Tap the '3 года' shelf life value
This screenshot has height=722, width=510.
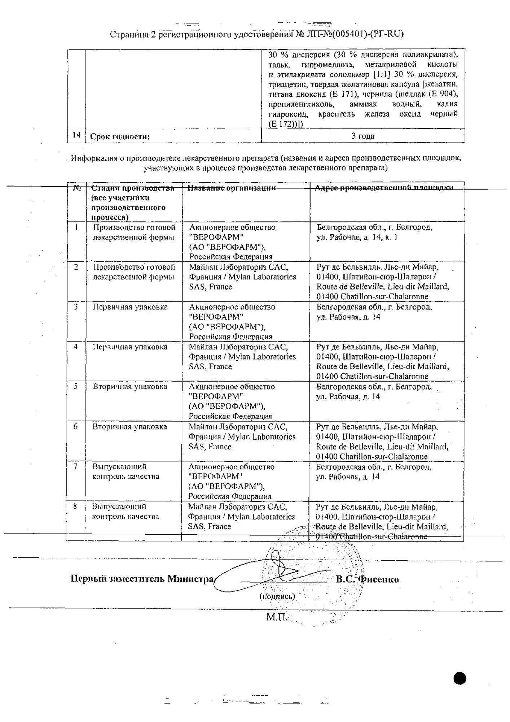[363, 136]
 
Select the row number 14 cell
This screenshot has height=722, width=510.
[76, 135]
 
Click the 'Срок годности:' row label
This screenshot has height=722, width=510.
[120, 136]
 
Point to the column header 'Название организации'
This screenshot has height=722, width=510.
[232, 188]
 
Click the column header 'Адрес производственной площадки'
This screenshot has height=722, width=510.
[384, 188]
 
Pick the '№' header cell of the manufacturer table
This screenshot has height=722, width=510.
[77, 188]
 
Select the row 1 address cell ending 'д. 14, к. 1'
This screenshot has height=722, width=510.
[374, 232]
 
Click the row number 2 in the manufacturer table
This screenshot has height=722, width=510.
[76, 267]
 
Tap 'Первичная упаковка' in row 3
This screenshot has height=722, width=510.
[130, 307]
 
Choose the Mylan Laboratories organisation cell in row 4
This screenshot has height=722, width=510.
[242, 357]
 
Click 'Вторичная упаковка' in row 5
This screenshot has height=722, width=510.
[130, 387]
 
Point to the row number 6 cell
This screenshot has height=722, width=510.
[75, 427]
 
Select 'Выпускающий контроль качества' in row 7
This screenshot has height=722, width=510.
[126, 471]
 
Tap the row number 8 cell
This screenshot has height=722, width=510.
[75, 506]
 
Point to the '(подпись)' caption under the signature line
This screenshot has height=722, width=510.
[277, 596]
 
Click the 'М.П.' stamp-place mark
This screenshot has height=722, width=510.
[276, 617]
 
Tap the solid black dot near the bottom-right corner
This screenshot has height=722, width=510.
[460, 678]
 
